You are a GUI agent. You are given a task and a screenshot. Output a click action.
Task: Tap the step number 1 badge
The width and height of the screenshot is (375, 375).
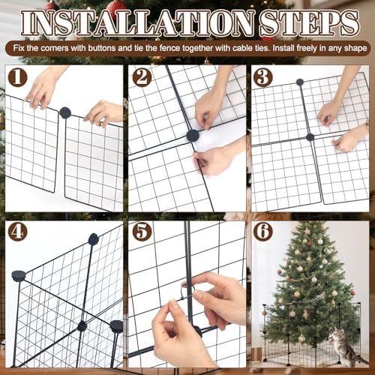[18, 78]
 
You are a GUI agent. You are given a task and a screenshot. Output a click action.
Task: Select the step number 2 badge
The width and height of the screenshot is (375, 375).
[141, 78]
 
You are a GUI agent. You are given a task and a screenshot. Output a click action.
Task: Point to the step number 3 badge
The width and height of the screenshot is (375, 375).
[263, 78]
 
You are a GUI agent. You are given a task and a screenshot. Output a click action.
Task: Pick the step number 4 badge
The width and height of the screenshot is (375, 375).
[18, 232]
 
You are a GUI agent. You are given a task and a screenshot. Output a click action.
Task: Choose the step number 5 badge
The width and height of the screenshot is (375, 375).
[141, 232]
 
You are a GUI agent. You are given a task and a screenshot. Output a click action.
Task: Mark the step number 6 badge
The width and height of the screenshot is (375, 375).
[263, 232]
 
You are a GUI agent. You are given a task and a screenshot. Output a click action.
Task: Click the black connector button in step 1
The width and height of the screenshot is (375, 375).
[65, 112]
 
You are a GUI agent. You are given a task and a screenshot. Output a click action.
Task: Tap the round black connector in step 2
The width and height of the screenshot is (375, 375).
[193, 136]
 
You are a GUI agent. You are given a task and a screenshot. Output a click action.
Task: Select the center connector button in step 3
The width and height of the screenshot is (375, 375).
[310, 137]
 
